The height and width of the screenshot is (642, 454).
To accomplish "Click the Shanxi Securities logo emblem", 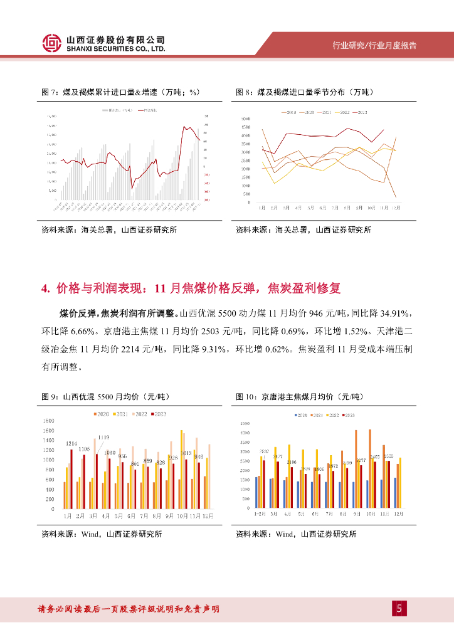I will click(x=52, y=43).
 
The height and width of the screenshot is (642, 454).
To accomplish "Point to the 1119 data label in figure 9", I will click(x=103, y=437).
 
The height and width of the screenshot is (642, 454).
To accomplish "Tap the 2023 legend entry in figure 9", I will click(x=160, y=414).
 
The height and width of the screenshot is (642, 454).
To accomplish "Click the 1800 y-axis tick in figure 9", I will click(x=48, y=421).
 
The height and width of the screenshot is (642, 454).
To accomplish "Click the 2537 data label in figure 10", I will click(x=263, y=451).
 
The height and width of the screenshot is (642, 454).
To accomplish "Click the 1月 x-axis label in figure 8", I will click(x=261, y=208).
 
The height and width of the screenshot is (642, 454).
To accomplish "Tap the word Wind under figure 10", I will click(x=285, y=534).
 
